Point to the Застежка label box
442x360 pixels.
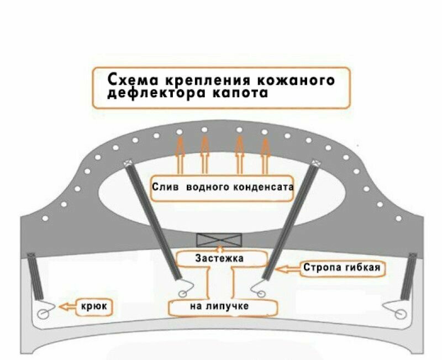pyautogui.click(x=220, y=258)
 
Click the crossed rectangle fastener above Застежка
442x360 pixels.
pyautogui.click(x=219, y=241)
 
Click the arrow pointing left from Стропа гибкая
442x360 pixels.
pyautogui.click(x=288, y=269)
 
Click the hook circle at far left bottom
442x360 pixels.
pyautogui.click(x=43, y=314)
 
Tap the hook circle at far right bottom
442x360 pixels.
pyautogui.click(x=402, y=314)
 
